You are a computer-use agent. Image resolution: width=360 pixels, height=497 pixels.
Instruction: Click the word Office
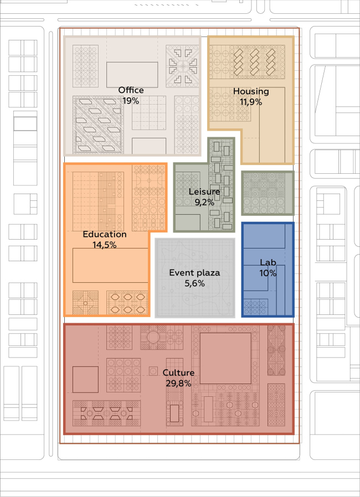coord(131,90)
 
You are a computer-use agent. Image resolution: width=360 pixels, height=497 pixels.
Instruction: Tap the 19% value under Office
coord(131,101)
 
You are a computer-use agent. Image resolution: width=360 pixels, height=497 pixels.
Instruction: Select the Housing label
coord(251,92)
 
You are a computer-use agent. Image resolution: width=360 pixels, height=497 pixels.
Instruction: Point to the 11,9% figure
coord(251,102)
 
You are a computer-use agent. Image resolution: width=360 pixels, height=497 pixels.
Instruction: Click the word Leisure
coord(204,191)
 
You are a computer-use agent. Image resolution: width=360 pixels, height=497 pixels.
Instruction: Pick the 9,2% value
coord(204,202)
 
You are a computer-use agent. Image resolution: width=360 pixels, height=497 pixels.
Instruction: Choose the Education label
coord(105,234)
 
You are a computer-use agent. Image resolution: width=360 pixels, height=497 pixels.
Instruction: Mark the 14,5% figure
coord(105,245)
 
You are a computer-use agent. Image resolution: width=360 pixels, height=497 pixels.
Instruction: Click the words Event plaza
coord(194,273)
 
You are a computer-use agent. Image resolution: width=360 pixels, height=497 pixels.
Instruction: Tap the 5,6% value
coord(194,283)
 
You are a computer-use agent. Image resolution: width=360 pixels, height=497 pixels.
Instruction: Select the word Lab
coord(268,262)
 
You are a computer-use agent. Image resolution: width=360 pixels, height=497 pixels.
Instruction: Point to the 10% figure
coord(268,273)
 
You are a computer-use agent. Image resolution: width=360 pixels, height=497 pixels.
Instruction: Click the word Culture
coord(178,373)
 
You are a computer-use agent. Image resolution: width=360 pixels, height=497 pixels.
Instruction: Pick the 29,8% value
coord(178,383)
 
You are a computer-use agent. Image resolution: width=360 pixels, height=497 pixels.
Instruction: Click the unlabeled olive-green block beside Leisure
coord(268,193)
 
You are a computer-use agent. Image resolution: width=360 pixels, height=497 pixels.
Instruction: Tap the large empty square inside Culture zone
coord(225,358)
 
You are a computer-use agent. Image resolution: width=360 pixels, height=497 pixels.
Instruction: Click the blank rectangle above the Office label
coord(132,75)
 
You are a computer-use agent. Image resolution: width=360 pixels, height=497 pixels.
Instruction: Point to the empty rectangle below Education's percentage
coord(110,265)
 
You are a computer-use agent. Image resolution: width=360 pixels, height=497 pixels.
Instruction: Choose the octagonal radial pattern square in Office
coord(182,66)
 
